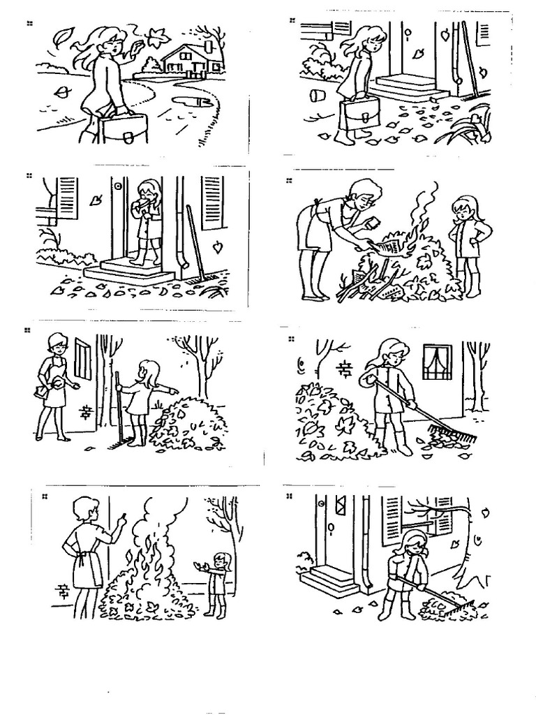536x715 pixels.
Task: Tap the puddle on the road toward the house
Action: coord(193,101)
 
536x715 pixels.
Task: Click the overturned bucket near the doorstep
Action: coord(318,95)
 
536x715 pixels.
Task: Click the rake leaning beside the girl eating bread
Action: coord(196,251)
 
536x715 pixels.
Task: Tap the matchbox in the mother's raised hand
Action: coord(373,223)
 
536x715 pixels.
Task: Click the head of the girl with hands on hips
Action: coord(463,207)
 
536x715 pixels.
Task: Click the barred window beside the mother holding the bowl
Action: coord(82,359)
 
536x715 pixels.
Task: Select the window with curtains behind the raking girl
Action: coord(437,362)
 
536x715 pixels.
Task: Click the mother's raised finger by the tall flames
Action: coord(124,517)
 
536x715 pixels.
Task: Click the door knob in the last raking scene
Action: coord(331,525)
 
